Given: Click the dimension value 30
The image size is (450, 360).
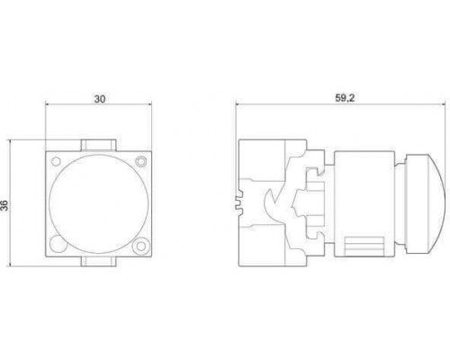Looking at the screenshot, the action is point(100,99).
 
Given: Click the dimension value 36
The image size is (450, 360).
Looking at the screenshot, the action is point(4,205).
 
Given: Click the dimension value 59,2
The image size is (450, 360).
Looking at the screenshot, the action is point(345,98).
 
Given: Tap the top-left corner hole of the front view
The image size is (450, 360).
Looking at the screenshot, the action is point(56,161).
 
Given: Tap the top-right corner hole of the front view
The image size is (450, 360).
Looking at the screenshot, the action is point(140,161).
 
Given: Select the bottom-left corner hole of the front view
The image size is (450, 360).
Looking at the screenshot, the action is point(58,244).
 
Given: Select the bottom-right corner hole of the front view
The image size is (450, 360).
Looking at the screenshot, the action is point(140,246).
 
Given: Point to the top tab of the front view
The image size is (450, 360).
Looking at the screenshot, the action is point(99,145).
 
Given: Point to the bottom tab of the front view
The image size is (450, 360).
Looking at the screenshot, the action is point(99,262).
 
